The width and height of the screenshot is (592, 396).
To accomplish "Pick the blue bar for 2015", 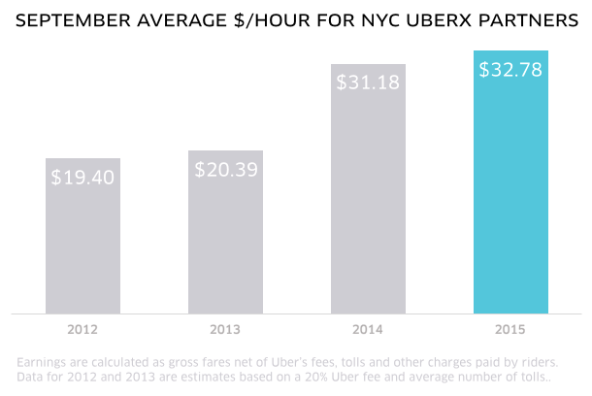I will click(511, 194).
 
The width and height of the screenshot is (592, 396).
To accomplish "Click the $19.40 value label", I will click(82, 178).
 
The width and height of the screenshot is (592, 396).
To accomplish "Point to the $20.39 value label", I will click(226, 169).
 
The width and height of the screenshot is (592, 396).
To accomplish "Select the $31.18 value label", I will click(369, 82).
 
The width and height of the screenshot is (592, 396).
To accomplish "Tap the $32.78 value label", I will click(511, 70).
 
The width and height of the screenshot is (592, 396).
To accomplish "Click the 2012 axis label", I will click(82, 330).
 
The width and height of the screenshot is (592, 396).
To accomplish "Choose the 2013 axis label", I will click(226, 330).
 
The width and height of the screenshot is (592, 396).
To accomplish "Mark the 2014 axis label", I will click(369, 330).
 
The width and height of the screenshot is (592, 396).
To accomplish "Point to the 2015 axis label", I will click(511, 330).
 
